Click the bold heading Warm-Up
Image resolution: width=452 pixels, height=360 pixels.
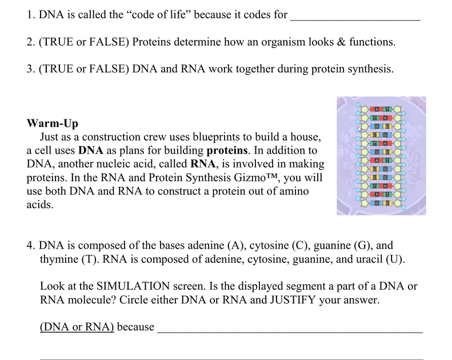(53, 123)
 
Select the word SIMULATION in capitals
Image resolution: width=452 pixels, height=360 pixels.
(137, 286)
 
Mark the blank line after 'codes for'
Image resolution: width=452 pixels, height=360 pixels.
(355, 19)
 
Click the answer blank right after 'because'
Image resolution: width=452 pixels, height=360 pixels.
(290, 331)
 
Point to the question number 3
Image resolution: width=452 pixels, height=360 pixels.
(31, 70)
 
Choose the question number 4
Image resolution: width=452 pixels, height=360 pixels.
(31, 246)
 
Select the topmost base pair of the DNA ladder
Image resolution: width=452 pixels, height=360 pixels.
(380, 109)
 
